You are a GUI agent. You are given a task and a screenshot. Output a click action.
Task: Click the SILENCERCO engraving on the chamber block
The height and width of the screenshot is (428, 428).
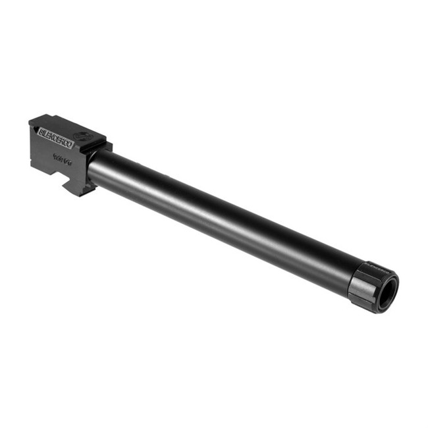(57, 139)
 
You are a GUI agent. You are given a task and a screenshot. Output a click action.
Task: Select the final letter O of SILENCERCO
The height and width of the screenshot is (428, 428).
(71, 146)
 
